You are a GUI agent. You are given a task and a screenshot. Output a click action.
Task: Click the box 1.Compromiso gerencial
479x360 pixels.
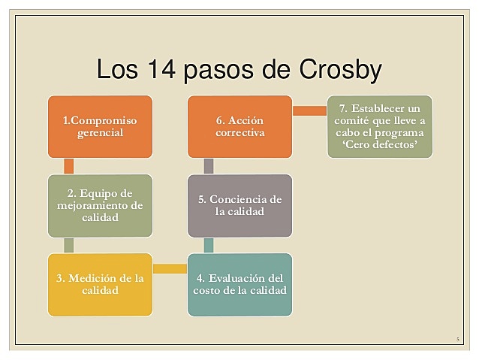click(x=100, y=126)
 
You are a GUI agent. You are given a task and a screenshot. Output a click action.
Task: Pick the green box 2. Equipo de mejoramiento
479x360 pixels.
click(x=100, y=205)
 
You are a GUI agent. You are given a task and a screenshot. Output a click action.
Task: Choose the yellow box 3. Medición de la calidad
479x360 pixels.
click(x=100, y=284)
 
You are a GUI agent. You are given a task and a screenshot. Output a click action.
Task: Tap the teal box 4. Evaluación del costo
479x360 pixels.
click(x=240, y=284)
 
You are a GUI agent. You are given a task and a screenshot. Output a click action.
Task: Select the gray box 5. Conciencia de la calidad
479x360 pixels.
click(x=240, y=205)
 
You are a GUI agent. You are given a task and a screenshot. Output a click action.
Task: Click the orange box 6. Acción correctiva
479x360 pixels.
click(x=240, y=126)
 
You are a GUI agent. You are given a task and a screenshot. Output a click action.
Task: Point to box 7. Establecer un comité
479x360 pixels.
click(x=380, y=126)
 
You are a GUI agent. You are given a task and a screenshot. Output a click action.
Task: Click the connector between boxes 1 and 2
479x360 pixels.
click(x=69, y=166)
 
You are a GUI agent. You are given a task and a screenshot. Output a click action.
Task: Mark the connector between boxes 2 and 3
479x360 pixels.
click(x=69, y=245)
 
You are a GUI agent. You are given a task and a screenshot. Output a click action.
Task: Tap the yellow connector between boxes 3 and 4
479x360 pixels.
click(x=170, y=268)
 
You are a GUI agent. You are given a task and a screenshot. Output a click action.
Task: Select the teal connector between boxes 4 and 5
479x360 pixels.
click(x=209, y=245)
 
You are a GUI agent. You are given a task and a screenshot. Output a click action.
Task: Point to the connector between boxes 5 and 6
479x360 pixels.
click(x=209, y=166)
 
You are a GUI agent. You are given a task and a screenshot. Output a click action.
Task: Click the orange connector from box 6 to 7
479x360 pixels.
click(x=309, y=110)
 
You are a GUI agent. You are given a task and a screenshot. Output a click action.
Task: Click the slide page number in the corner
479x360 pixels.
click(x=457, y=340)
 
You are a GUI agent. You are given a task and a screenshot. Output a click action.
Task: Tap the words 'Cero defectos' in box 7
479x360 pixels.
click(x=380, y=145)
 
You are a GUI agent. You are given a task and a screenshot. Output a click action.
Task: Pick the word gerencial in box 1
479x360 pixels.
click(x=100, y=133)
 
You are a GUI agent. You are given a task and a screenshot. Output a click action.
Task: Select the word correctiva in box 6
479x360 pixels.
click(x=240, y=133)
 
